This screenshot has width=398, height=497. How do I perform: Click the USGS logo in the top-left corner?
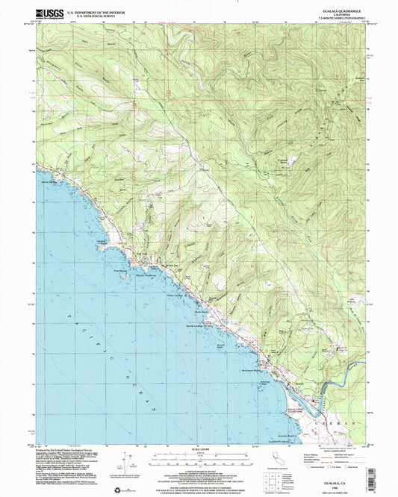click(x=47, y=13)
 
